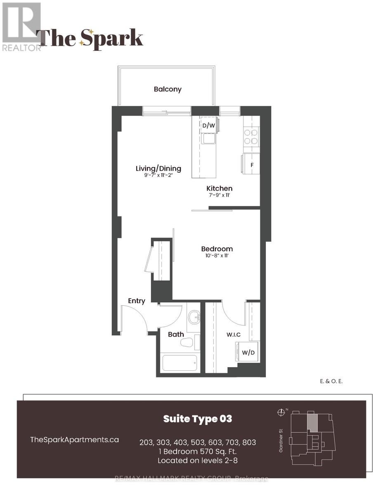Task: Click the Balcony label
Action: [x=168, y=89]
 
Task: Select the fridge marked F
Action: [x=251, y=165]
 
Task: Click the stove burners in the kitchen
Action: [x=251, y=137]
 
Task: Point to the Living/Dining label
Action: [x=158, y=168]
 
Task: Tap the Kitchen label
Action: [x=220, y=188]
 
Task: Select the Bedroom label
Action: [x=217, y=249]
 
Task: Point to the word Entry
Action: [x=136, y=301]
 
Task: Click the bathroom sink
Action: [x=194, y=318]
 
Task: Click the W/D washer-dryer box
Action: [x=248, y=352]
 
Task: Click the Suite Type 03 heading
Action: [x=197, y=419]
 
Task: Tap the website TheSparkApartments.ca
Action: [x=75, y=439]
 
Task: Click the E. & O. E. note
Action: [x=331, y=382]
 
